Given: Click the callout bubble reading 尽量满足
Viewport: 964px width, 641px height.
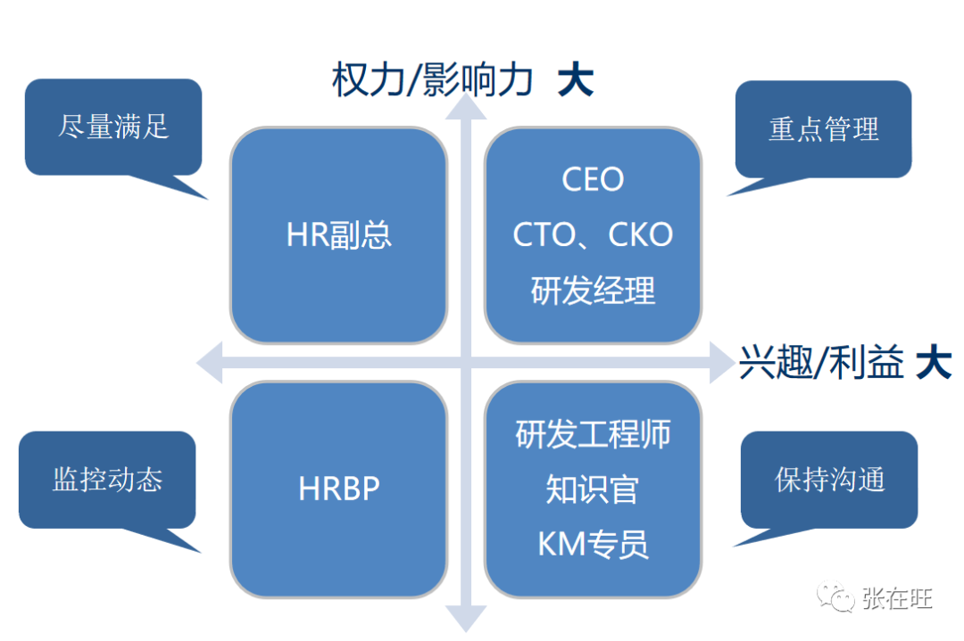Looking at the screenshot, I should (113, 127).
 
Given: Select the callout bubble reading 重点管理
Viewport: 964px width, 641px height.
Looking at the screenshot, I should (823, 129).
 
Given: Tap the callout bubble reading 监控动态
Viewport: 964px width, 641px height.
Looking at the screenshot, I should (107, 480).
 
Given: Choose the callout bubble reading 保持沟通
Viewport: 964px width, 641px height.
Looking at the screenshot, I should (829, 480).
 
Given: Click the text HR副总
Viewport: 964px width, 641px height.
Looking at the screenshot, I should (338, 235).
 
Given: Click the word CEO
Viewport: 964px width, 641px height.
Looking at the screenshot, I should (593, 180).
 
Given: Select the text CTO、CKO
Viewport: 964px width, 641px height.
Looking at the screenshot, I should (593, 235).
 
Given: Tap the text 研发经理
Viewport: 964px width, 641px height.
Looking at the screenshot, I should (593, 291).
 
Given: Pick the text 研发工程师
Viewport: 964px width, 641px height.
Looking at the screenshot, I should (593, 434).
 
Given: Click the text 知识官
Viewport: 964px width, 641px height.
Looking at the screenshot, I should (593, 489).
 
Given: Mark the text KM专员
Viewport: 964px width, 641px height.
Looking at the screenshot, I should (593, 544).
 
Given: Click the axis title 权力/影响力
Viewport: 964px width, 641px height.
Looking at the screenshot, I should (432, 81).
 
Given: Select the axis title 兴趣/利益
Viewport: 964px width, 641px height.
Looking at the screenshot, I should (822, 365).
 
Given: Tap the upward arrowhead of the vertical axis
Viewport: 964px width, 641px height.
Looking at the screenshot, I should (465, 105).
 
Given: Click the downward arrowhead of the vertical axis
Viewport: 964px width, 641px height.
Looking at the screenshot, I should (465, 618).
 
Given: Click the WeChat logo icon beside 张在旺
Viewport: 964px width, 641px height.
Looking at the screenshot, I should (838, 597).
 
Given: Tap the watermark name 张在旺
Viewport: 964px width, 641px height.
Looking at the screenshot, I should (897, 598).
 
